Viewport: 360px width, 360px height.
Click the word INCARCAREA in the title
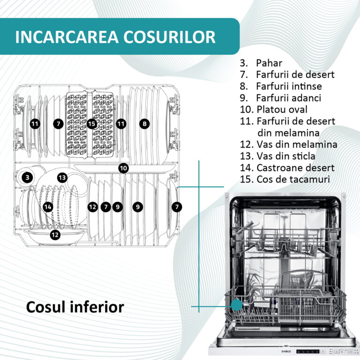67,37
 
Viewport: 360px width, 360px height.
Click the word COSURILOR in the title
169,37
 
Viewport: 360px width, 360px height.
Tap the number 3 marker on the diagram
27,178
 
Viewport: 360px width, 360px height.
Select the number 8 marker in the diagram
144,124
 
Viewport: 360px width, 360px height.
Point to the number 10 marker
124,168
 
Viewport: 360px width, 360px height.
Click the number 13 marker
62,178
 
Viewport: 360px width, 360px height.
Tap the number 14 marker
48,207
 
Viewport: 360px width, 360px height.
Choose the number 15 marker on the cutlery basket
91,124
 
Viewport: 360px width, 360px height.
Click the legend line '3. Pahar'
261,63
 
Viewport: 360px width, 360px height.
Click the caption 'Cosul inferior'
75,307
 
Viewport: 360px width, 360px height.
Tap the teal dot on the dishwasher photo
236,305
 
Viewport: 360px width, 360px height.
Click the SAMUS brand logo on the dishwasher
286,352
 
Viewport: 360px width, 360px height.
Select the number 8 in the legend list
244,86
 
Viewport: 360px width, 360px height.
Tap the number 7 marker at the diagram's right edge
177,207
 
